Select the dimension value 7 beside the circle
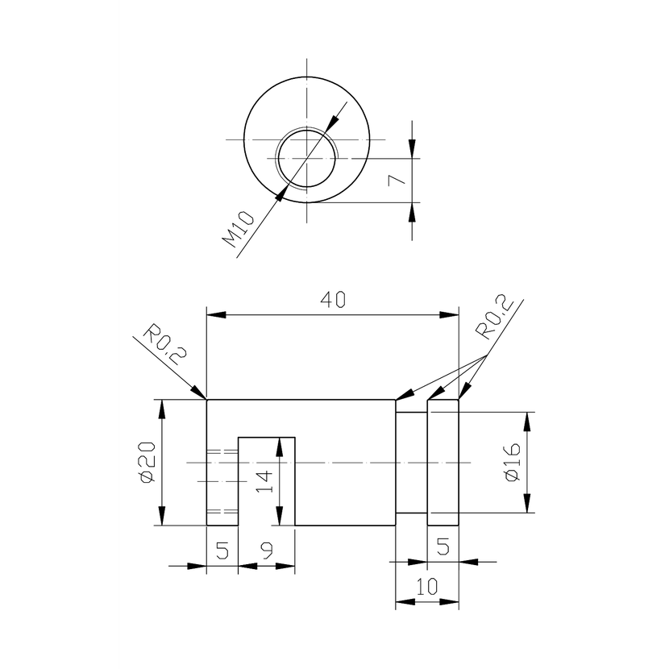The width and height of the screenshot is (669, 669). point(397,180)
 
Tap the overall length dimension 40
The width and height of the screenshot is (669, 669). point(333,300)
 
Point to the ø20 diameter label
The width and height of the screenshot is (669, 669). point(147,463)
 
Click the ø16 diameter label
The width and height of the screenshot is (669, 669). point(513,463)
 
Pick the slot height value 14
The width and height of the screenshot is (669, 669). point(264,481)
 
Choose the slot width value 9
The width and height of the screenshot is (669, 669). point(267,551)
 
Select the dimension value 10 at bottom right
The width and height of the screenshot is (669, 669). point(426,587)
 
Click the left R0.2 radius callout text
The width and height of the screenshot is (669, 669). point(164,345)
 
